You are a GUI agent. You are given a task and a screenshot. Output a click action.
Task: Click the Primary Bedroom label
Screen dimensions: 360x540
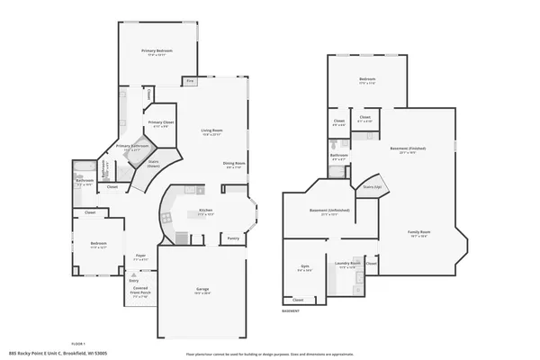tap(157, 52)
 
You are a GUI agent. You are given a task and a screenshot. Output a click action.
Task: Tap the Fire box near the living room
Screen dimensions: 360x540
tap(190, 81)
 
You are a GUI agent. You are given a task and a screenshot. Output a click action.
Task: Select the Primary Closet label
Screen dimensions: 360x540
tap(161, 122)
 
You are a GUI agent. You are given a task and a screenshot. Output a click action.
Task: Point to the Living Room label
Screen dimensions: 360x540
tap(212, 131)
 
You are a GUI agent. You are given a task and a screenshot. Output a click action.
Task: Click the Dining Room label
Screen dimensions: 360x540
tap(235, 164)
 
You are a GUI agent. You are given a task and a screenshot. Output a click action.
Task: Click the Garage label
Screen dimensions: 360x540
tap(202, 290)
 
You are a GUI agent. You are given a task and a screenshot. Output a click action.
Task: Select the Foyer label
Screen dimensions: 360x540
tap(140, 257)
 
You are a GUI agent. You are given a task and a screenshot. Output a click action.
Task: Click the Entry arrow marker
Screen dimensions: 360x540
tap(133, 280)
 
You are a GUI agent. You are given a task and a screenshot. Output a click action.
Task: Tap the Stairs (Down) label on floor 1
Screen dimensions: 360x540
tap(153, 166)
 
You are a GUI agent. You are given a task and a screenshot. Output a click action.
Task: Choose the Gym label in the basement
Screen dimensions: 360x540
tap(305, 267)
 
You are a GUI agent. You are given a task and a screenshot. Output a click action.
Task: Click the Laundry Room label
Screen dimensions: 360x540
tap(349, 264)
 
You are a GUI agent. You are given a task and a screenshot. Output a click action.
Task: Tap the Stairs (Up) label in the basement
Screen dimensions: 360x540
tap(371, 186)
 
